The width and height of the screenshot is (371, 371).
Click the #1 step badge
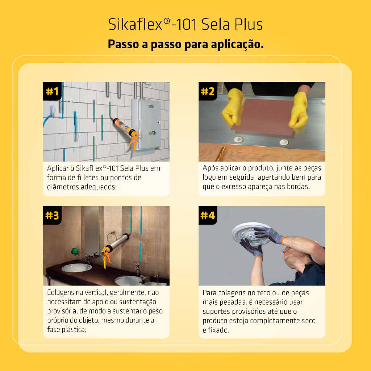click(52, 91)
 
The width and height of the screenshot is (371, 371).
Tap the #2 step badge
click(208, 91)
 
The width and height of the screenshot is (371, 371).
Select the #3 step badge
click(52, 215)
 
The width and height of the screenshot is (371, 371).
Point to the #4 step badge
click(208, 215)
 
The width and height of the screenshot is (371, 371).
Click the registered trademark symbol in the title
click(167, 21)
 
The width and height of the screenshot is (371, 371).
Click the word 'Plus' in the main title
click(249, 24)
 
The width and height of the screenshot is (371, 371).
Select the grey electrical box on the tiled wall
click(146, 124)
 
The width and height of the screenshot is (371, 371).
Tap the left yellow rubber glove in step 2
click(233, 107)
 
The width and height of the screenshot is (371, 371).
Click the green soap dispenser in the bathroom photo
click(75, 251)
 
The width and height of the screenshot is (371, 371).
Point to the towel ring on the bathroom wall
click(112, 237)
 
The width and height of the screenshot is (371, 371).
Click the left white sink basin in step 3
click(77, 268)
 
